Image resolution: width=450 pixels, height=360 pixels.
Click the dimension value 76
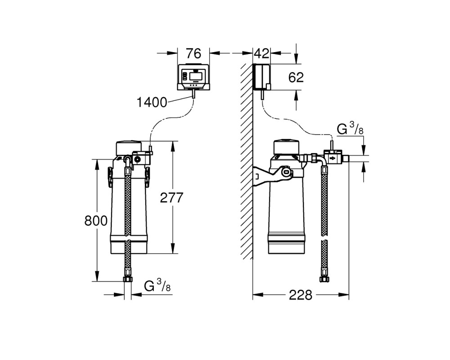[193, 54]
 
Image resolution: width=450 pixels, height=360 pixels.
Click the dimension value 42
[262, 54]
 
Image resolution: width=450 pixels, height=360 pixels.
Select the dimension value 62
[296, 77]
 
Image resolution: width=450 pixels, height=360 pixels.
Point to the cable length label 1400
[152, 102]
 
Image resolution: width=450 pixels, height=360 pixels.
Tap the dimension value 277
[171, 198]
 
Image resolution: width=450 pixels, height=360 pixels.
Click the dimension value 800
[96, 221]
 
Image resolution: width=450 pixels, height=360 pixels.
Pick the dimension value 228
[300, 295]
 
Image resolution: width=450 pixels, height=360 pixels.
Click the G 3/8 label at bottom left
[157, 286]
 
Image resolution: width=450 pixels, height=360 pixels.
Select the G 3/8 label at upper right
[350, 129]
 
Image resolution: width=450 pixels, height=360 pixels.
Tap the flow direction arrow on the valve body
[333, 158]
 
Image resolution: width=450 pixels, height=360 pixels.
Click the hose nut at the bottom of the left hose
[128, 279]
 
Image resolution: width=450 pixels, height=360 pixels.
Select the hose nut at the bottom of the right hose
[324, 279]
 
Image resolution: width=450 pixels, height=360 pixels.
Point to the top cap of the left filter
[129, 148]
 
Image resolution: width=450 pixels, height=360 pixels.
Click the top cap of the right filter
[286, 147]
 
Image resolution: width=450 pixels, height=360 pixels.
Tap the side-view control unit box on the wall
[262, 76]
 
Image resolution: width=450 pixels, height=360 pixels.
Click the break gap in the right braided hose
[324, 238]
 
